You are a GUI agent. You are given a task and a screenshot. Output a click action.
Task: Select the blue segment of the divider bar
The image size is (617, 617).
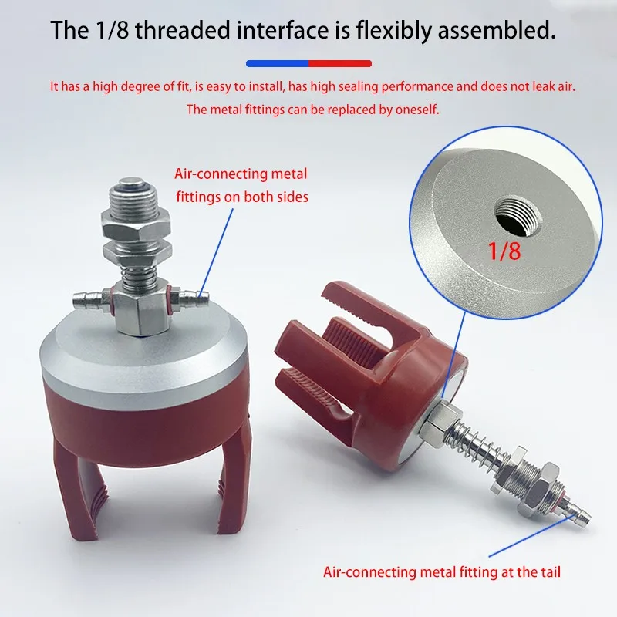tap(277, 63)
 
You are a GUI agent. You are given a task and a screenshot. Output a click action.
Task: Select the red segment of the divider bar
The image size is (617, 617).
tap(340, 63)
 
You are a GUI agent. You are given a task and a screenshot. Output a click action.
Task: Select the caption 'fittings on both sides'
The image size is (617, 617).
tap(241, 197)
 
